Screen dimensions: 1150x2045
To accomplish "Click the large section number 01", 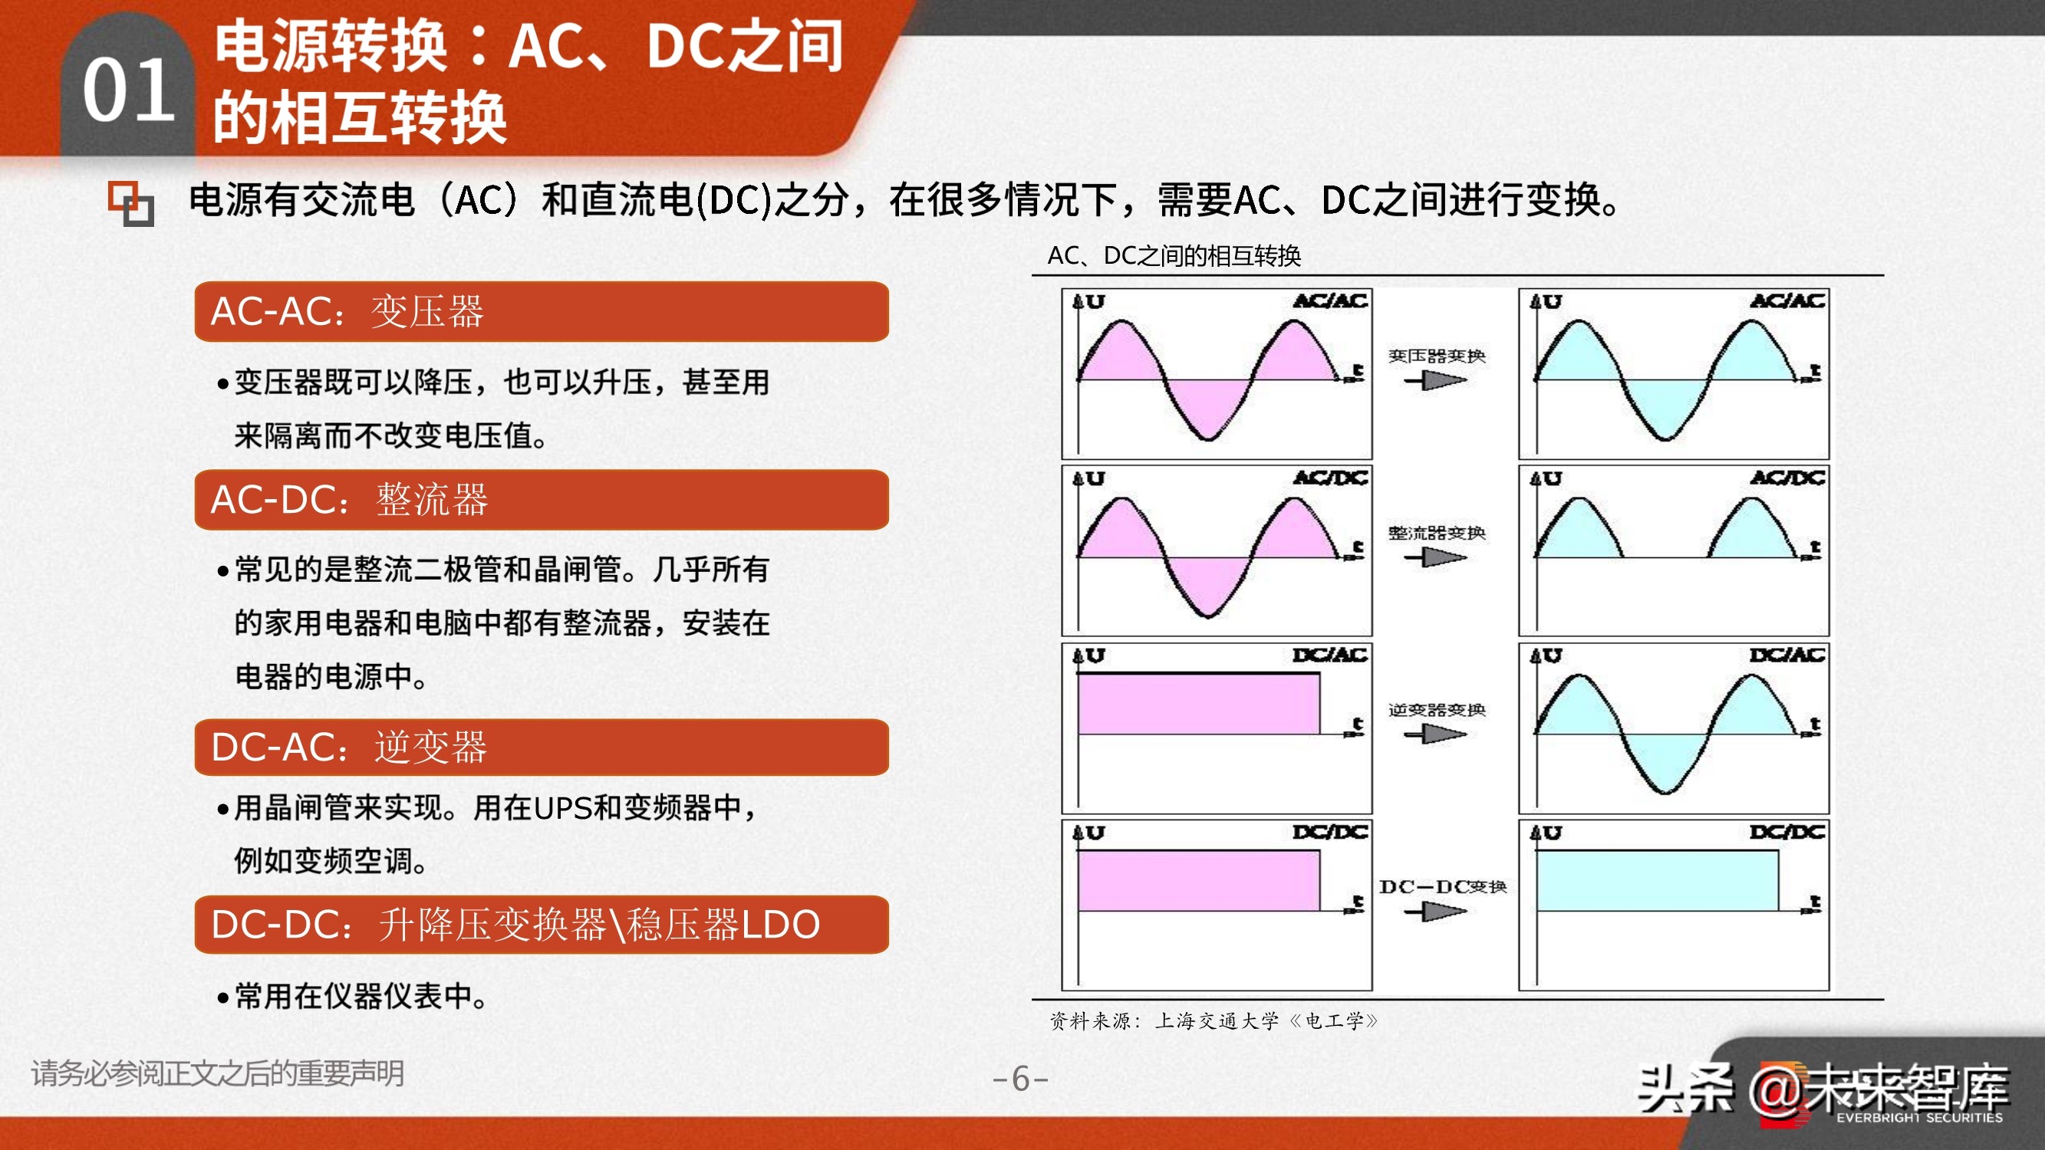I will point(129,90).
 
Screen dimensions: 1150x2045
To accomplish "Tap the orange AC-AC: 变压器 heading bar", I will point(541,311).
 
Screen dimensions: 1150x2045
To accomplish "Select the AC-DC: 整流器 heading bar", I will point(541,499).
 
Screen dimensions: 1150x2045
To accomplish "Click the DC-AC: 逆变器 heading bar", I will point(541,747).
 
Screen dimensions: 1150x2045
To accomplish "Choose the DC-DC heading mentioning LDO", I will point(541,924).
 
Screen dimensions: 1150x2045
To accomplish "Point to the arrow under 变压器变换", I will point(1435,381).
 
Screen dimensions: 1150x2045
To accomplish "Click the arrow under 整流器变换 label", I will point(1435,558).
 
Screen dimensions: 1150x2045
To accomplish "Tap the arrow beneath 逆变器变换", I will point(1435,735).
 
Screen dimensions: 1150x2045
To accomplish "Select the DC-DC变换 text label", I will point(1442,886).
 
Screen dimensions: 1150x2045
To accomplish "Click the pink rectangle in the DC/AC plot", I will point(1198,704).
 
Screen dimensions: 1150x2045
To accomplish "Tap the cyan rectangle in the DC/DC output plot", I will point(1656,881).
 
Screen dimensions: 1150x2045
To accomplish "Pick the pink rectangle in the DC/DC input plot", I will point(1198,881).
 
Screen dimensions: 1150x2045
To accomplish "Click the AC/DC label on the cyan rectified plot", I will point(1787,478).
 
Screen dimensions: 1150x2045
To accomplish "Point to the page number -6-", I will point(1021,1079).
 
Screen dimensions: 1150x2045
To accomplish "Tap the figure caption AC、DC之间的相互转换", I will point(1174,255).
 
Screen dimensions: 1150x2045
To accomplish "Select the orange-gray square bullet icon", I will point(131,204).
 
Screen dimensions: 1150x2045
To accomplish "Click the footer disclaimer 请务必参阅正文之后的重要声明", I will point(218,1073).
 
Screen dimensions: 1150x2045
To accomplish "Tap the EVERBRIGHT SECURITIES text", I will point(1918,1118).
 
